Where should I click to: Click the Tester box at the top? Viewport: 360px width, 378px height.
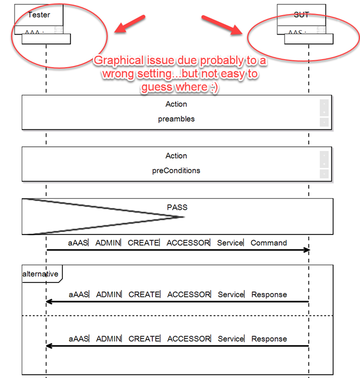click(39, 15)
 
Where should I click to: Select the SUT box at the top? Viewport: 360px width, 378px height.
click(301, 15)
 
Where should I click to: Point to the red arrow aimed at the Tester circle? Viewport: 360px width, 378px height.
click(127, 25)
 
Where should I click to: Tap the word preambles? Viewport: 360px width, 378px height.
click(176, 119)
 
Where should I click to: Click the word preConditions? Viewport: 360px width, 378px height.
click(176, 171)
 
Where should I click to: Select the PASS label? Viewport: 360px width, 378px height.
click(177, 207)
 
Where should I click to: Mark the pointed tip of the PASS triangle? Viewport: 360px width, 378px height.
click(184, 217)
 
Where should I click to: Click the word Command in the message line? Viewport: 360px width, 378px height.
click(268, 243)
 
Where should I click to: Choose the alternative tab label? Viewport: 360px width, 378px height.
click(40, 274)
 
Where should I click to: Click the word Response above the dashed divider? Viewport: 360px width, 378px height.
click(269, 294)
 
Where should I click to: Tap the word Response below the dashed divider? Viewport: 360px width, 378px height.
click(269, 338)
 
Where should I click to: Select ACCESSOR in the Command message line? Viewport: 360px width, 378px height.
click(188, 243)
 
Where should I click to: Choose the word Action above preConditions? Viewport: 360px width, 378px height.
click(176, 156)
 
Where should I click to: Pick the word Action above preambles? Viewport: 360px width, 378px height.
click(176, 104)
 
